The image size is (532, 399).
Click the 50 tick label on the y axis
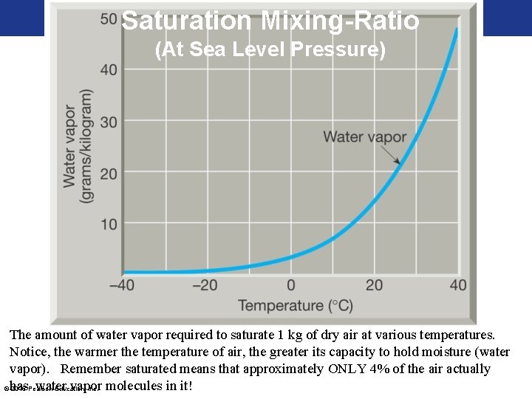coord(109,18)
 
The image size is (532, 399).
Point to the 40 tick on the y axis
coord(109,70)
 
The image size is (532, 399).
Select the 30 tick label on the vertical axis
coord(109,122)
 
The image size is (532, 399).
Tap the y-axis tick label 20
coord(109,174)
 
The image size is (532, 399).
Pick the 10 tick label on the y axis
coord(109,225)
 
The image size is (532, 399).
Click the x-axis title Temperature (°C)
coord(291,305)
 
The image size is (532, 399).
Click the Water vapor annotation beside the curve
coord(365,137)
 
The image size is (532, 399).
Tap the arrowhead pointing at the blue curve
coord(399,163)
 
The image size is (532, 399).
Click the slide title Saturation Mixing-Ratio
coord(270,21)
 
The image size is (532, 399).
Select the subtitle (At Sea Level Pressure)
coord(270,51)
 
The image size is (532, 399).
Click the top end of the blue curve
coord(457,30)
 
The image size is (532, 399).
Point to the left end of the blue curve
coord(125,273)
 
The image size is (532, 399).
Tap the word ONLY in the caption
coord(346,369)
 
